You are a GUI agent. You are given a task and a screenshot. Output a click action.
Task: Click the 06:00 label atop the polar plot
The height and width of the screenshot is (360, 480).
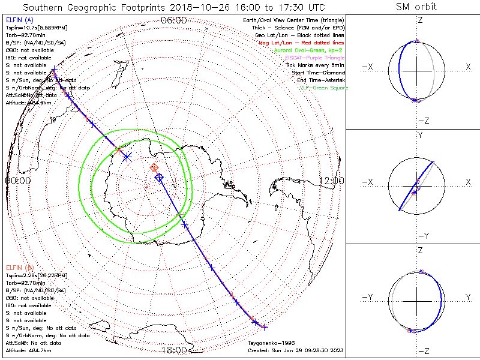pos(174,20)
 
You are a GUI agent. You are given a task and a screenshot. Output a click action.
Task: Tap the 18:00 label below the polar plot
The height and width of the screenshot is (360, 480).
pos(174,350)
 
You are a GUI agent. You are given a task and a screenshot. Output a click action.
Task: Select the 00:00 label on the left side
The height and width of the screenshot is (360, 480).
pos(17,180)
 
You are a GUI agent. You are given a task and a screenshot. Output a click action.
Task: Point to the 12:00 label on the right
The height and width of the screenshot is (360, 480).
pos(331,180)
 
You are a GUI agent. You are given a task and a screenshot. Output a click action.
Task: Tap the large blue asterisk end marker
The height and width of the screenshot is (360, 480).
pos(127,157)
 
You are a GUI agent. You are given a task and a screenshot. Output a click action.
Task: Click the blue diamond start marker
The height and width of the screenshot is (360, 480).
pos(159,178)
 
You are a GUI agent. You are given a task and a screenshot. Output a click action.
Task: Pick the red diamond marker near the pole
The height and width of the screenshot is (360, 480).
pos(154,168)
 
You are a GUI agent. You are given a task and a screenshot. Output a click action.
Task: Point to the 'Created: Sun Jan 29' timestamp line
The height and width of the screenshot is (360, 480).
pos(295,350)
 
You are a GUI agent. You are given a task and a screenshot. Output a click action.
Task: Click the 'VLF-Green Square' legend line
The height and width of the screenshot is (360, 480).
pos(324,88)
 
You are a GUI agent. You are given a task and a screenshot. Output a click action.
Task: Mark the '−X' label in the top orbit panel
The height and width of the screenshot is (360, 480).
pos(369,67)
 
